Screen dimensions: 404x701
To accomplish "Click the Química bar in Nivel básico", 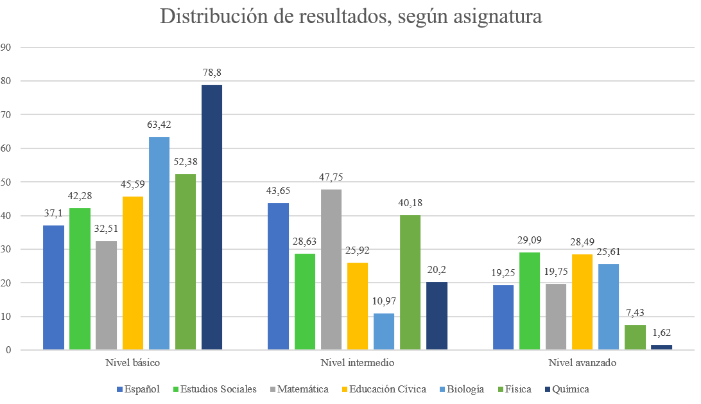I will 212,217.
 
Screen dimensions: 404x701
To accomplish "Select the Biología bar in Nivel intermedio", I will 384,331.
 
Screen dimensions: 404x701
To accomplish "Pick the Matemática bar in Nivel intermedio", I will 331,270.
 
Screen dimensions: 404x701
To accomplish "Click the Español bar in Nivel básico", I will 54,288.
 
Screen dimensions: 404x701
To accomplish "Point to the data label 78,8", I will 211,73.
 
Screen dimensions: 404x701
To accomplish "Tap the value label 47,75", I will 331,177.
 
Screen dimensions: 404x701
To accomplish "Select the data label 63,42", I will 159,125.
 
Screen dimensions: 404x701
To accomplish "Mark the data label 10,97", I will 384,301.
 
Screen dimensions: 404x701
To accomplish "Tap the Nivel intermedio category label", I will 358,363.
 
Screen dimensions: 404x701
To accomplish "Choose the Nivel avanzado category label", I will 582,363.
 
